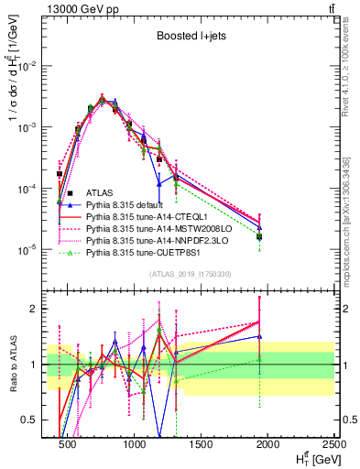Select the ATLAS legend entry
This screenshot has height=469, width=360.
(101, 193)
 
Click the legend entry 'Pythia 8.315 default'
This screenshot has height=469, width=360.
(127, 205)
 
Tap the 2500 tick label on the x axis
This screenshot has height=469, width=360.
(334, 444)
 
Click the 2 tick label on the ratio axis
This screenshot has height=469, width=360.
(37, 309)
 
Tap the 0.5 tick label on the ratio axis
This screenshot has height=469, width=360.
(33, 420)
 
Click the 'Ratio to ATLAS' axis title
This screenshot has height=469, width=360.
(11, 364)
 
